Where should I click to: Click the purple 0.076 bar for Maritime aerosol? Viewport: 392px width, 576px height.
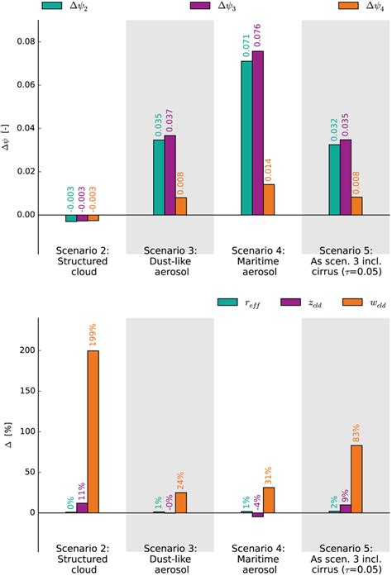point(258,133)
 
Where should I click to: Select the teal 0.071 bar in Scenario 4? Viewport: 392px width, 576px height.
point(246,138)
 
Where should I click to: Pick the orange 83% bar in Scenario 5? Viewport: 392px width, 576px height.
point(357,478)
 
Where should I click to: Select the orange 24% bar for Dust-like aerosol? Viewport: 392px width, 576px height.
point(181,502)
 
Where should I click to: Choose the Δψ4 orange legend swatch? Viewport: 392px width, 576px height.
point(351,7)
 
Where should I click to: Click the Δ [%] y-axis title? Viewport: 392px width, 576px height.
point(7,431)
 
